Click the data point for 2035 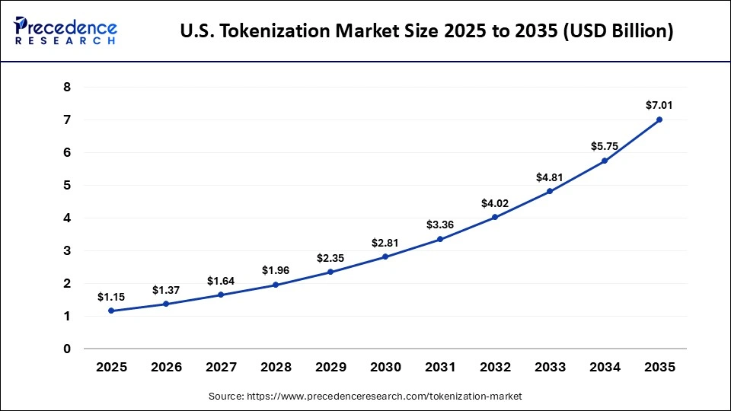[x=659, y=119]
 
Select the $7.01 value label [x=659, y=105]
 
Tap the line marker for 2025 [x=111, y=311]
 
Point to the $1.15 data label [x=111, y=296]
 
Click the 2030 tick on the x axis [x=385, y=367]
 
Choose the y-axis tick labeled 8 [x=67, y=88]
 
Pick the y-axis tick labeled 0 [x=67, y=349]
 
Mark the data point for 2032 [x=495, y=217]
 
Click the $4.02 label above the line [x=495, y=203]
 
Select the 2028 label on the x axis [x=276, y=367]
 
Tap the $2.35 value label [x=330, y=258]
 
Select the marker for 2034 [x=605, y=161]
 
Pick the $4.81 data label [x=550, y=177]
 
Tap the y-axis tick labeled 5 [x=67, y=186]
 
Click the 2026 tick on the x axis [x=166, y=367]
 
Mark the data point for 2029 [x=330, y=272]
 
